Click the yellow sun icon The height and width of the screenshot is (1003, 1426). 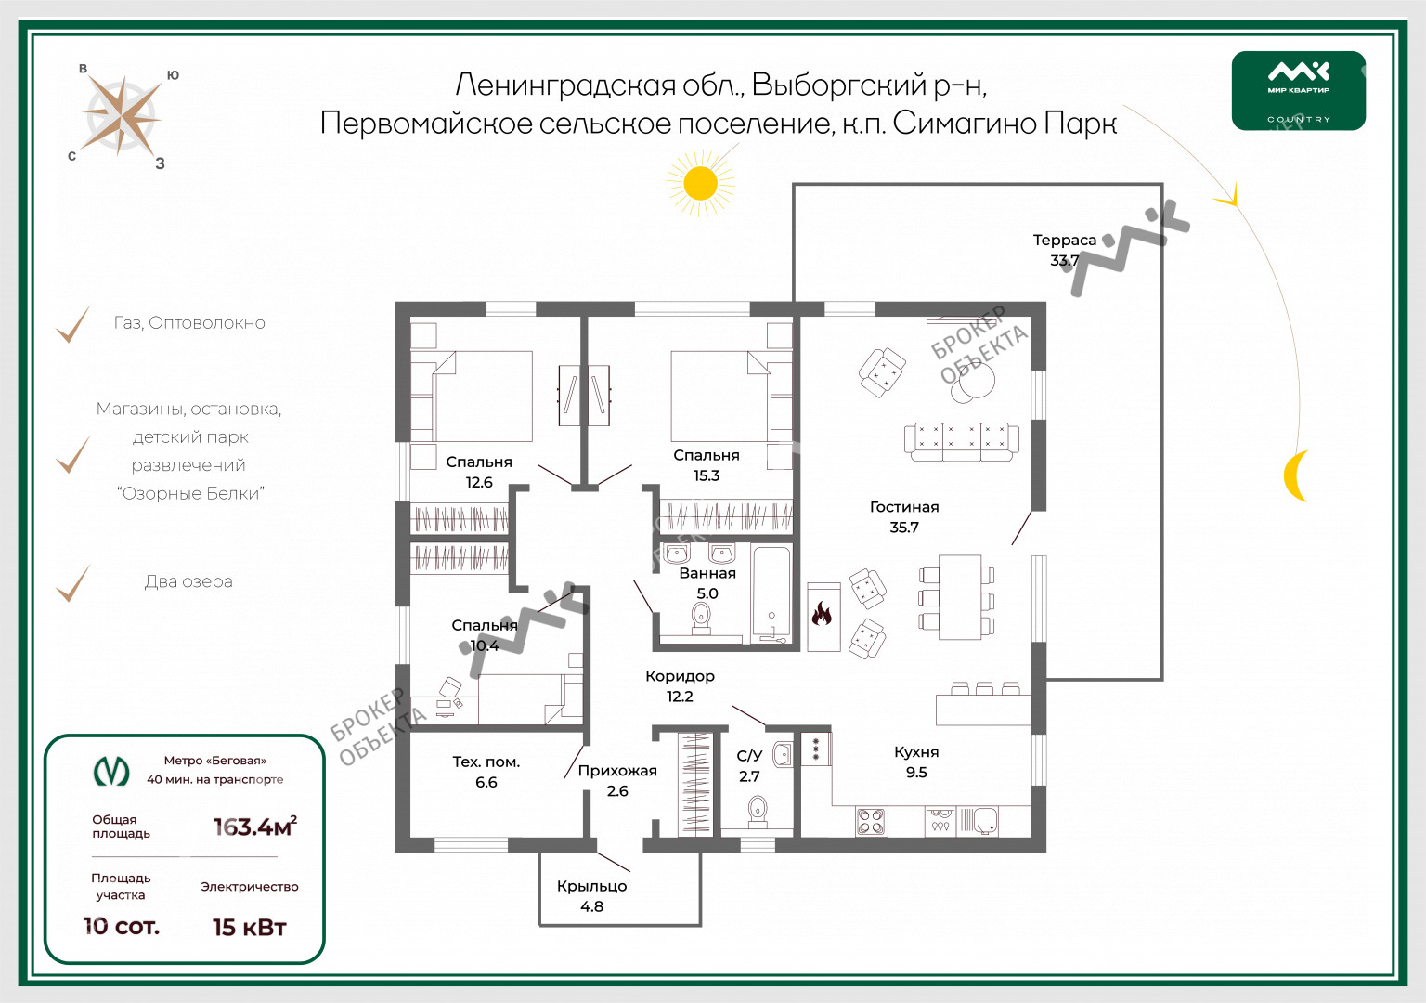point(700,183)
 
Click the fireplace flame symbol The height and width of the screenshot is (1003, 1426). point(822,615)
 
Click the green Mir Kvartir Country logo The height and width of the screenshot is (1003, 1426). point(1298,90)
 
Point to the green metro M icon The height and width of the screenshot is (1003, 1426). point(111,772)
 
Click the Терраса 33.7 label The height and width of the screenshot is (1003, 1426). point(1065,250)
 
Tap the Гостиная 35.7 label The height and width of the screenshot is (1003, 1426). point(904,516)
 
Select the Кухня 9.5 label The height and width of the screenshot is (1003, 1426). point(916,762)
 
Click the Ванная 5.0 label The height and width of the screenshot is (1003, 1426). point(707,582)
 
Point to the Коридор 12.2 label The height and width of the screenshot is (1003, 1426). point(680,686)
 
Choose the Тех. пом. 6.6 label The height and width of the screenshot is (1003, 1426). point(486,772)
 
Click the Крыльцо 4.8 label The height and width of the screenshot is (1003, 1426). point(592,896)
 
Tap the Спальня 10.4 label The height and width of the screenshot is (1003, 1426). point(485,635)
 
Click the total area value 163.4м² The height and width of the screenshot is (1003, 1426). point(255,826)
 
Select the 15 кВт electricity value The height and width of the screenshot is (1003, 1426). point(250,927)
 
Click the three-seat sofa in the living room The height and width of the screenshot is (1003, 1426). point(961,441)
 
